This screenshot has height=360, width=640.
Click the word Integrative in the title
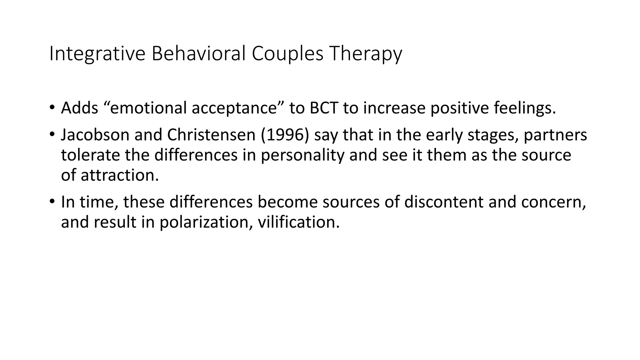click(x=97, y=54)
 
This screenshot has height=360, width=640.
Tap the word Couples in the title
click(x=287, y=54)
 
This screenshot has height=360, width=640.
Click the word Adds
click(x=80, y=108)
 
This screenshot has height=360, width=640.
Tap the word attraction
click(x=120, y=175)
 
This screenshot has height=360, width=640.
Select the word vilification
click(x=299, y=222)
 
